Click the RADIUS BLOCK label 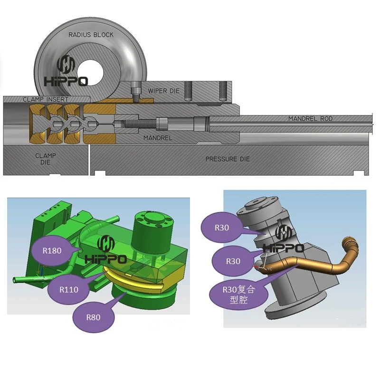[91, 35]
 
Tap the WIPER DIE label [163, 91]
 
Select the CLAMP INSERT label [46, 99]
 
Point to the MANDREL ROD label [310, 119]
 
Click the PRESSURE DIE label [228, 159]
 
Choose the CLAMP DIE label [46, 159]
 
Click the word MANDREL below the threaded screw [158, 138]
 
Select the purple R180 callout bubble [52, 250]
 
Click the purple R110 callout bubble [69, 289]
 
